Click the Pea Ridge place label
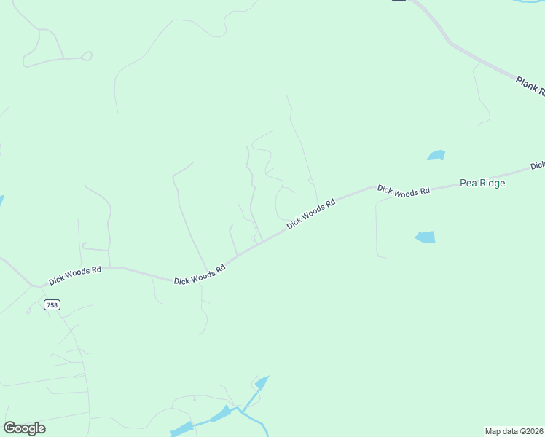[x=482, y=184]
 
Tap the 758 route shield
[x=52, y=304]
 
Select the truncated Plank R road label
[x=530, y=85]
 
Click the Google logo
[x=24, y=428]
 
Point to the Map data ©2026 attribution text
[x=514, y=431]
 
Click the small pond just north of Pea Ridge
[x=436, y=155]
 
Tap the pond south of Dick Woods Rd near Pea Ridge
[x=426, y=237]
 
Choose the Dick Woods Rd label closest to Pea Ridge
[x=403, y=191]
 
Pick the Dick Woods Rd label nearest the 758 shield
[x=74, y=275]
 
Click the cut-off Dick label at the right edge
[x=538, y=166]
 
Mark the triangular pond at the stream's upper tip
[x=262, y=381]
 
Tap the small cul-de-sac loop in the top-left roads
[x=87, y=55]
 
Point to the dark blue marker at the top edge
[x=399, y=1]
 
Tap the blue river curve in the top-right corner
[x=529, y=2]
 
